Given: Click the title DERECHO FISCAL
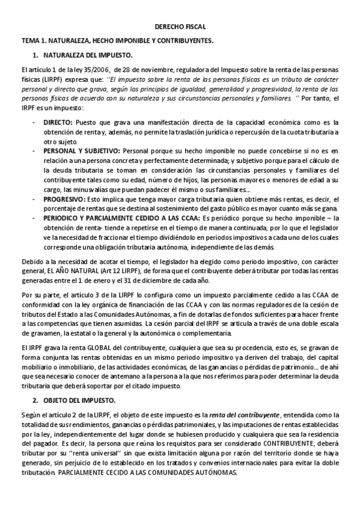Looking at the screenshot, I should [x=180, y=27].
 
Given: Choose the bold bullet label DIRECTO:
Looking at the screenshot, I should [x=58, y=121].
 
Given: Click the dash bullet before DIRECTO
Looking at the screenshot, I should [x=34, y=121].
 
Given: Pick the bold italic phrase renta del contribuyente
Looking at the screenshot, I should [x=244, y=415].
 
